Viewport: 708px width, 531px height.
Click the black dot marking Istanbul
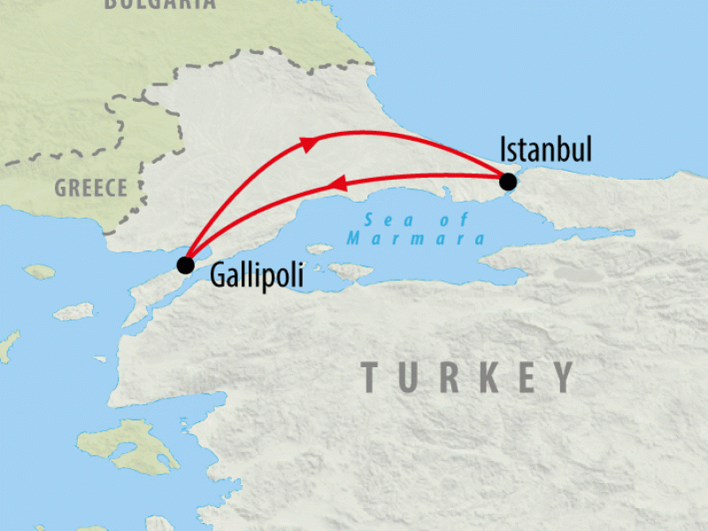click(x=507, y=182)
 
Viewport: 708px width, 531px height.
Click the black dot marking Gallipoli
click(x=185, y=265)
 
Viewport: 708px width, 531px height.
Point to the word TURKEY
click(x=468, y=377)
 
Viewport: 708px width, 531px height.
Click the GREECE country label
click(x=91, y=188)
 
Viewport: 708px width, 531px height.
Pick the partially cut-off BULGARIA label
click(x=159, y=4)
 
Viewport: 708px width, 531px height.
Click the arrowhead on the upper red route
click(x=309, y=143)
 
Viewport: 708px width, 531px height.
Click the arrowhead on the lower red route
click(x=336, y=184)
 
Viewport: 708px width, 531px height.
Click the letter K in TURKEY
click(x=486, y=377)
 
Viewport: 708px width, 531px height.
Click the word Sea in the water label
click(x=378, y=221)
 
